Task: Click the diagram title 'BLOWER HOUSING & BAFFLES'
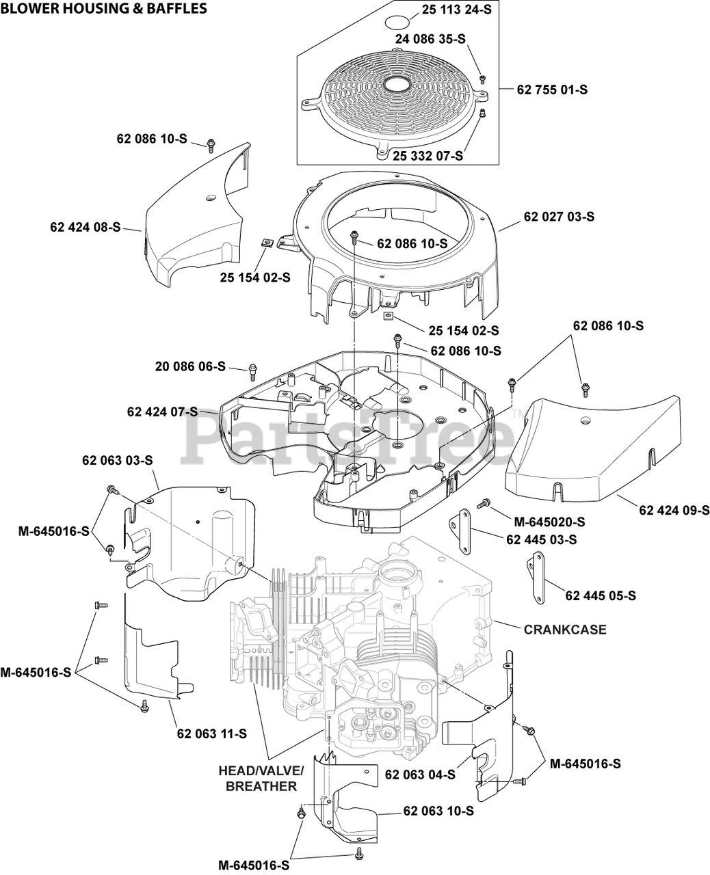[104, 9]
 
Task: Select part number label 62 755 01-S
[553, 90]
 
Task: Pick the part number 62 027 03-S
[559, 217]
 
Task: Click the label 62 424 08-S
[85, 226]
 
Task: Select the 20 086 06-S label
[190, 367]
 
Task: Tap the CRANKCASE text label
[564, 630]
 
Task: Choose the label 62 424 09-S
[674, 510]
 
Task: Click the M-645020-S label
[549, 522]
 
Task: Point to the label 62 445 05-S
[600, 596]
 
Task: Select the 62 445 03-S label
[541, 539]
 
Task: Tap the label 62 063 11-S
[211, 733]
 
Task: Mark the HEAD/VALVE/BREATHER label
[261, 778]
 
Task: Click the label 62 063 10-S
[438, 811]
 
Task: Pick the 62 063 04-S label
[420, 775]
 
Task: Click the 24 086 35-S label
[430, 40]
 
